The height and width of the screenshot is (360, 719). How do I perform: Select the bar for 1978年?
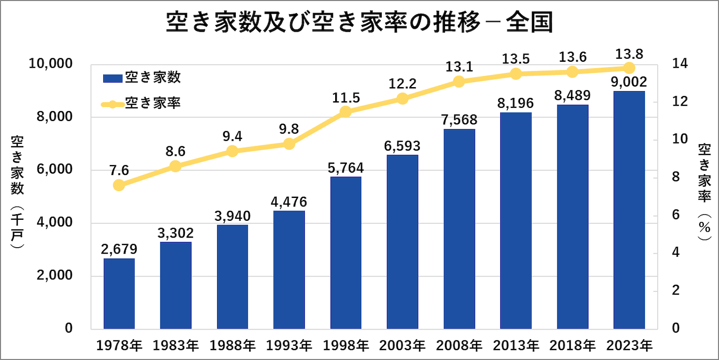click(119, 293)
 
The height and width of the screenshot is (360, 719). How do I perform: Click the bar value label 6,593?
click(403, 146)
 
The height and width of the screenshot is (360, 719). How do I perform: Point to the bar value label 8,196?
click(515, 103)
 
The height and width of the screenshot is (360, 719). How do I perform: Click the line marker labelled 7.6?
click(119, 185)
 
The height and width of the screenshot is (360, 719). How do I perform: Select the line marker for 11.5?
click(346, 112)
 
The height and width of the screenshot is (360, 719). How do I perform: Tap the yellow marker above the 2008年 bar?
click(459, 82)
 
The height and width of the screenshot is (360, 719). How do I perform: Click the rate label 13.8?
click(629, 53)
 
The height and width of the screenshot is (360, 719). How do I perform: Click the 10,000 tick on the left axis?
click(52, 64)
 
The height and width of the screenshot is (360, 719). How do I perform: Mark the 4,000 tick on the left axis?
click(56, 223)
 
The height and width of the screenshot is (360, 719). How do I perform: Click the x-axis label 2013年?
click(515, 346)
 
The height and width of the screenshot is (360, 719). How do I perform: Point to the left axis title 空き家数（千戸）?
click(17, 192)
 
